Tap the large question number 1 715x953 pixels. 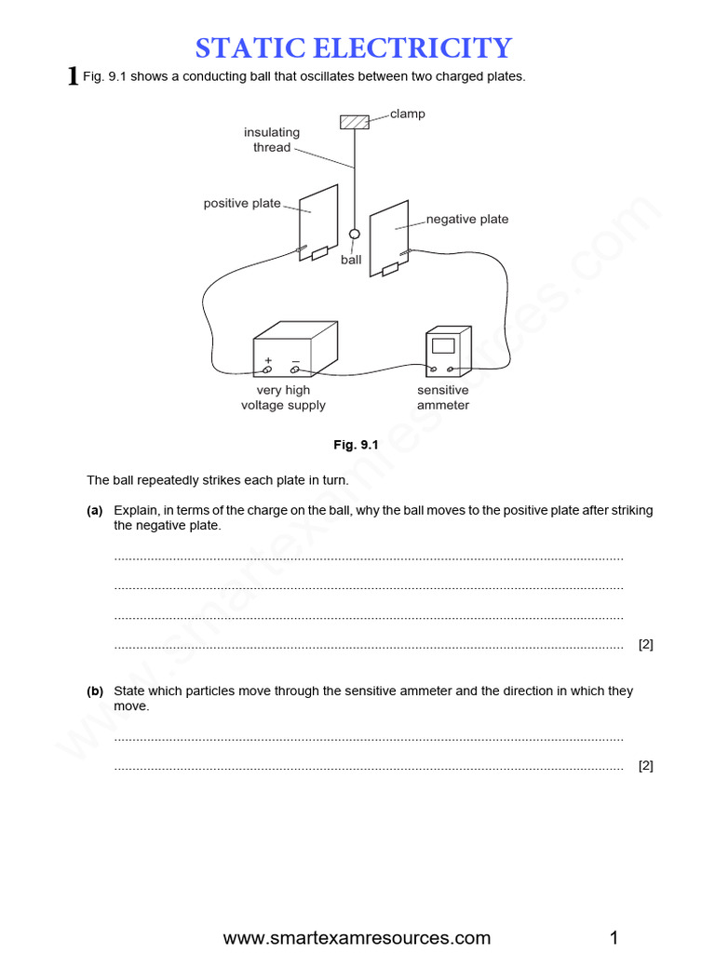pyautogui.click(x=74, y=76)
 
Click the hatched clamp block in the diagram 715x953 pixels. pyautogui.click(x=354, y=122)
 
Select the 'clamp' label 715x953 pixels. pyautogui.click(x=407, y=114)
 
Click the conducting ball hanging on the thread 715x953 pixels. pyautogui.click(x=354, y=235)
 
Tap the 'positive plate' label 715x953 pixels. pyautogui.click(x=242, y=203)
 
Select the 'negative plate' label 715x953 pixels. pyautogui.click(x=467, y=220)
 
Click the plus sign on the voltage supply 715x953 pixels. pyautogui.click(x=269, y=360)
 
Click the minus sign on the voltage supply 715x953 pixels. pyautogui.click(x=295, y=360)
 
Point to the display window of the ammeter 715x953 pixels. pyautogui.click(x=443, y=345)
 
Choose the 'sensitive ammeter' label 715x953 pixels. pyautogui.click(x=443, y=397)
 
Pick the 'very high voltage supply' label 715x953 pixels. pyautogui.click(x=283, y=397)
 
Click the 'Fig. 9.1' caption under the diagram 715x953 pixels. pyautogui.click(x=357, y=445)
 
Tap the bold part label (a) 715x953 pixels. pyautogui.click(x=94, y=510)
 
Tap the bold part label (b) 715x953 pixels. pyautogui.click(x=94, y=691)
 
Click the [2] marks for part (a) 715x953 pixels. pyautogui.click(x=645, y=644)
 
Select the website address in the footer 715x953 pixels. pyautogui.click(x=357, y=937)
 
